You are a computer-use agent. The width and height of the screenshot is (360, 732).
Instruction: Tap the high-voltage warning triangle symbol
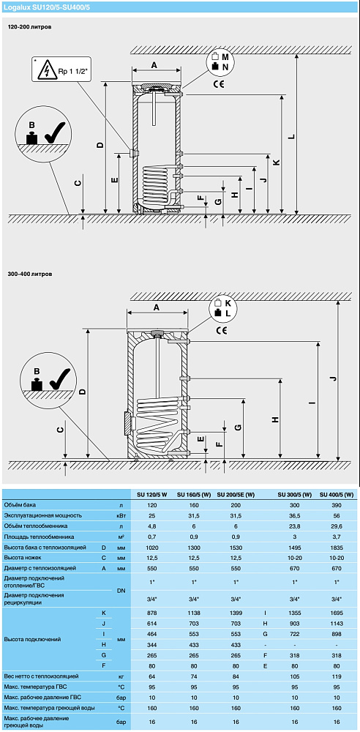pyautogui.click(x=48, y=72)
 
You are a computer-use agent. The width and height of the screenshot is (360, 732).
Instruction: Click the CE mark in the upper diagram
pyautogui.click(x=219, y=84)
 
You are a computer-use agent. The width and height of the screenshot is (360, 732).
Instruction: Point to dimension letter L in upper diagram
pyautogui.click(x=291, y=137)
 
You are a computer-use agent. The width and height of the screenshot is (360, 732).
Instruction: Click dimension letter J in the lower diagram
pyautogui.click(x=333, y=379)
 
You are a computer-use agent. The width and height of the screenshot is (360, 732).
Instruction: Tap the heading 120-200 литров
pyautogui.click(x=29, y=27)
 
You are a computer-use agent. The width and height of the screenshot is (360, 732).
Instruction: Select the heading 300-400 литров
pyautogui.click(x=30, y=274)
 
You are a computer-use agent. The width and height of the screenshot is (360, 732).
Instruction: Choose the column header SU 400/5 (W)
pyautogui.click(x=336, y=495)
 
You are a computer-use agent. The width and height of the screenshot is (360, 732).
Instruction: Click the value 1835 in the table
pyautogui.click(x=336, y=547)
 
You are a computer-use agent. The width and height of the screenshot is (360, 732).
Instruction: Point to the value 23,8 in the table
pyautogui.click(x=294, y=526)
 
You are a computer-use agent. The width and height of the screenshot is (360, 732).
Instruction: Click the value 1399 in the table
pyautogui.click(x=236, y=613)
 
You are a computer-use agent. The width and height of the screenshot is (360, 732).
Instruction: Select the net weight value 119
pyautogui.click(x=336, y=676)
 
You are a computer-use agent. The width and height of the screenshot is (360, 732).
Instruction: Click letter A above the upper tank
pyautogui.click(x=154, y=66)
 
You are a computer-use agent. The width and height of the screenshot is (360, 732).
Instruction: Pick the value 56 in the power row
pyautogui.click(x=336, y=515)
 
